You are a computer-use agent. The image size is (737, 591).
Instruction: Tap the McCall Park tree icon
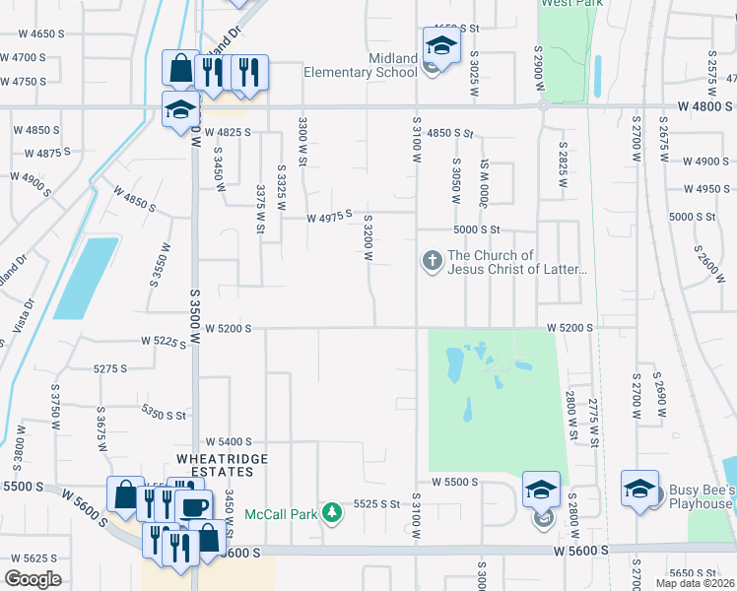(334, 511)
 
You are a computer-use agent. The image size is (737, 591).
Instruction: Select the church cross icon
(432, 261)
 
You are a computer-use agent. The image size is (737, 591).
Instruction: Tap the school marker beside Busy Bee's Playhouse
(639, 489)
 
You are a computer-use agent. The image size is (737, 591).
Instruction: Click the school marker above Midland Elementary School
(441, 46)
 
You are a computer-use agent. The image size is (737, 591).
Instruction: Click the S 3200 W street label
(367, 238)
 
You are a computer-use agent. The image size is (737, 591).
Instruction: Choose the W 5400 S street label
(229, 442)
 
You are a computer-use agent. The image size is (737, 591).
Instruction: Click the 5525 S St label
(376, 503)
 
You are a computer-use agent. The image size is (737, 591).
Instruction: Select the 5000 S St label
(477, 230)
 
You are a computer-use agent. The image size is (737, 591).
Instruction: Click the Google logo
(33, 579)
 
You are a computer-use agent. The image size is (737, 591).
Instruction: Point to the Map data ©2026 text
(694, 583)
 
